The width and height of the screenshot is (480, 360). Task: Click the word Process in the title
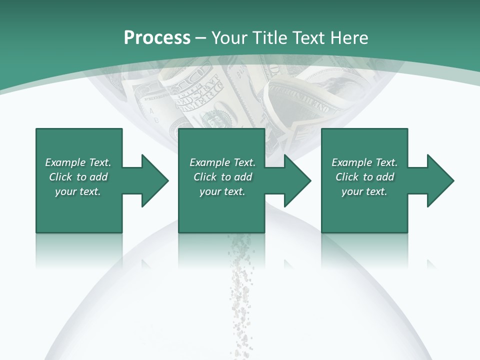pos(157,38)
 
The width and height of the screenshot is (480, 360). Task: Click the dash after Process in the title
pos(201,38)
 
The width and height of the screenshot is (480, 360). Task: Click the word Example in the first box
pos(65,162)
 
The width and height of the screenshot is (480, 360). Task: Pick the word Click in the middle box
pos(205,177)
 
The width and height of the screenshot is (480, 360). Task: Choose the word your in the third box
pos(352,191)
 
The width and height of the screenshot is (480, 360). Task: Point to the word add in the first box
pos(99,177)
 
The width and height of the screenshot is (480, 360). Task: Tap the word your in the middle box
pos(210,191)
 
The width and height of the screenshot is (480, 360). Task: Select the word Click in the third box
pos(347,177)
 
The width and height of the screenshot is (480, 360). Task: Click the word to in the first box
pos(81,177)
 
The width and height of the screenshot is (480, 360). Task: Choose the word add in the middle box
pos(243,177)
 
